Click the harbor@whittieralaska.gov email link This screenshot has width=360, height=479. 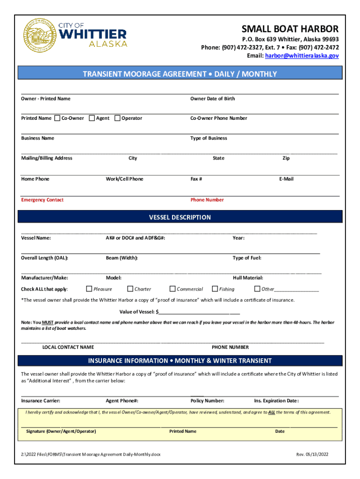click(x=302, y=56)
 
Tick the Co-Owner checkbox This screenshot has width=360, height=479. click(x=58, y=118)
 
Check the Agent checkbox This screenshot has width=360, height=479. click(x=92, y=118)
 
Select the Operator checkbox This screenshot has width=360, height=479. click(x=117, y=118)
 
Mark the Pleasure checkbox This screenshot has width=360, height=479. click(x=89, y=289)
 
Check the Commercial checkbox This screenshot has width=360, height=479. click(x=172, y=289)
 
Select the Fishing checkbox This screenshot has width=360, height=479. click(x=215, y=289)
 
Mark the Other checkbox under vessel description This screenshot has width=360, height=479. click(x=257, y=289)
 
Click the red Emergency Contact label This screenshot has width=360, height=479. click(x=42, y=200)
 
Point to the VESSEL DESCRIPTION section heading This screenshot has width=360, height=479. click(x=180, y=218)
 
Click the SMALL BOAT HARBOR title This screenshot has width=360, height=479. click(x=289, y=29)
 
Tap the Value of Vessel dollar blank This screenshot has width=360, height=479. click(x=199, y=312)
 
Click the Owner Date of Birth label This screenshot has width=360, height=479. click(x=212, y=99)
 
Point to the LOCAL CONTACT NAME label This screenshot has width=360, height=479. click(x=68, y=347)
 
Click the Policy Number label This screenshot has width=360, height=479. click(x=207, y=401)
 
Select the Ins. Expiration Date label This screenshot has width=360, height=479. click(x=276, y=401)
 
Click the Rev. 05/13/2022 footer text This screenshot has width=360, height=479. click(x=313, y=454)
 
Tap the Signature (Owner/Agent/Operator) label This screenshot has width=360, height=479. click(x=61, y=431)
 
